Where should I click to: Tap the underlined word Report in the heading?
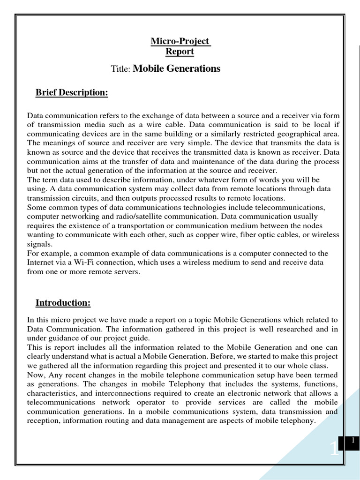click(x=180, y=52)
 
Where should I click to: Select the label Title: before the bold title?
click(x=121, y=69)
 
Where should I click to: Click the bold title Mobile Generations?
click(x=177, y=69)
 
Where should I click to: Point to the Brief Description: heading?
click(x=72, y=93)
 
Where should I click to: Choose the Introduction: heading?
click(x=63, y=303)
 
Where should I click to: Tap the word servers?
click(x=124, y=272)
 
